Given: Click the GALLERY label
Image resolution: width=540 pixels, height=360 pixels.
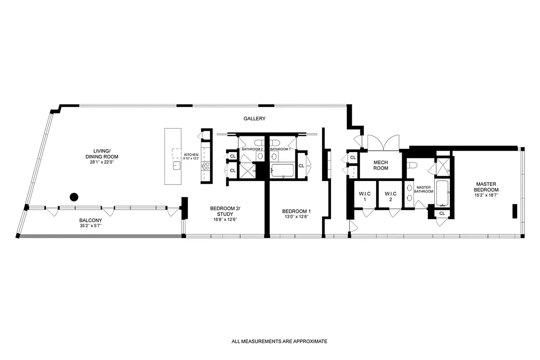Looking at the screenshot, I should [254, 119].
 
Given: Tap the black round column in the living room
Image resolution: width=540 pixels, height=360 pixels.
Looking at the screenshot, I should [74, 197].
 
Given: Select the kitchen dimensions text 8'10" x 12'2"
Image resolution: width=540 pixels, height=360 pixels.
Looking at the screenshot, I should [191, 158].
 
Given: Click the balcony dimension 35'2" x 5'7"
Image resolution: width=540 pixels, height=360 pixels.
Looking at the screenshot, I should [90, 225].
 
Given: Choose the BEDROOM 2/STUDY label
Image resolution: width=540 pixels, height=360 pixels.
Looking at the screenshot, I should [225, 211].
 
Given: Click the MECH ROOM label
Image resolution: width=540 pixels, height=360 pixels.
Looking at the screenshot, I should [381, 165].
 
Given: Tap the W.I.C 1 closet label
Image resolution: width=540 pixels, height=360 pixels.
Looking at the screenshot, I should [364, 197].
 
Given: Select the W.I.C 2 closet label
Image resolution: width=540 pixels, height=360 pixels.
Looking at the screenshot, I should [390, 197].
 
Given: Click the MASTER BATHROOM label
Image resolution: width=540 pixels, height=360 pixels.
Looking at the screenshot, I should [424, 189].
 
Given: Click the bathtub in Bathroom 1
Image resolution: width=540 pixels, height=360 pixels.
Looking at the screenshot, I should [282, 171].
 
